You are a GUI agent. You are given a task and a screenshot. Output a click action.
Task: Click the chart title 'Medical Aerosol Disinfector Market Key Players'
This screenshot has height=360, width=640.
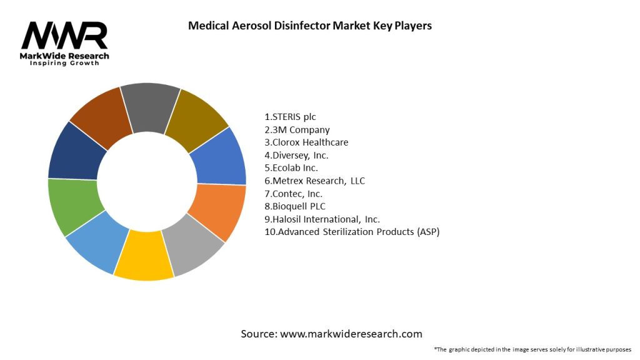310,26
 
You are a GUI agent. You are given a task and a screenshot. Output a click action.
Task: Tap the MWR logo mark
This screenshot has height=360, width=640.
64,36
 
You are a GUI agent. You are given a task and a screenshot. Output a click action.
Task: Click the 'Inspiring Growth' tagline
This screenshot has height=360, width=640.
64,64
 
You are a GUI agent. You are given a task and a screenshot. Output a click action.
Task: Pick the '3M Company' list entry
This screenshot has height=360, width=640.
297,130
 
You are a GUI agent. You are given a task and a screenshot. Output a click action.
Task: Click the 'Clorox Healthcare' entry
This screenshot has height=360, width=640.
306,142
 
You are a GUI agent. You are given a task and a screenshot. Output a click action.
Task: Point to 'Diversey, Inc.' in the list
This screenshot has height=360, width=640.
297,155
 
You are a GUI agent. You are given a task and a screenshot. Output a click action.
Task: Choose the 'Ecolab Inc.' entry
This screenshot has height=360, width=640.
292,168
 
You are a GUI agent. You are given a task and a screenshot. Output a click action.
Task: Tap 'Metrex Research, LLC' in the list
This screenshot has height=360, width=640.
315,181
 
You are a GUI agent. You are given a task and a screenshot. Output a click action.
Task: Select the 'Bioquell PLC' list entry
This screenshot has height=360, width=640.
295,206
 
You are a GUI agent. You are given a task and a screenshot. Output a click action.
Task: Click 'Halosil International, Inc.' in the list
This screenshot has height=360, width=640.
322,219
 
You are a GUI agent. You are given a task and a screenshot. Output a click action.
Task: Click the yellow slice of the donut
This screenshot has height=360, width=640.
144,257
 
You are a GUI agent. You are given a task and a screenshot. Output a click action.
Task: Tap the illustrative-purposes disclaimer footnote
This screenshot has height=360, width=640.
532,349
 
